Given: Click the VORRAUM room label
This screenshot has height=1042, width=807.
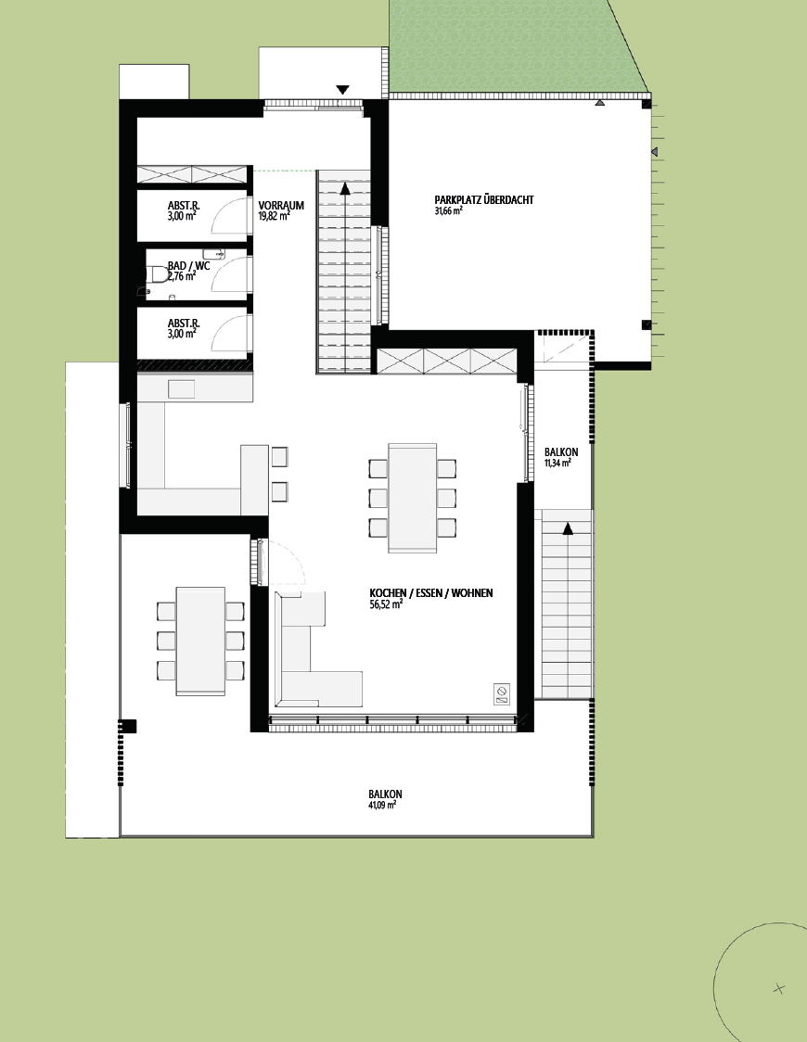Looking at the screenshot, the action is click(x=281, y=206).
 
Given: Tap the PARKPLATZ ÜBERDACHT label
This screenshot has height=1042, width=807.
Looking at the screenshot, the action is click(x=484, y=199).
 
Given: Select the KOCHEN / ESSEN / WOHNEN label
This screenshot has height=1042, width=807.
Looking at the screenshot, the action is click(x=430, y=592).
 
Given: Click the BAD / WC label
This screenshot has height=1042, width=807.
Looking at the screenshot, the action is click(x=189, y=266).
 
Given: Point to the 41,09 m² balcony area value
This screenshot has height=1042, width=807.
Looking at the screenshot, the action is click(x=382, y=805).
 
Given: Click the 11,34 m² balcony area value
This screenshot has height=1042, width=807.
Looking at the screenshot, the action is click(x=557, y=464).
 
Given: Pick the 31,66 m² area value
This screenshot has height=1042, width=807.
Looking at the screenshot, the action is click(x=449, y=210).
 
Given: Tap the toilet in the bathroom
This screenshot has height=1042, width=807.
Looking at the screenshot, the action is click(x=158, y=274).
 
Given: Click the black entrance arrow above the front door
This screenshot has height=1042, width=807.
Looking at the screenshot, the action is click(x=342, y=90).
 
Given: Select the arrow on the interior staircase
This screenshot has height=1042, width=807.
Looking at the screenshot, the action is click(x=345, y=188).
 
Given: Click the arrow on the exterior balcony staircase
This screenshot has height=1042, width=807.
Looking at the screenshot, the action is click(x=568, y=528).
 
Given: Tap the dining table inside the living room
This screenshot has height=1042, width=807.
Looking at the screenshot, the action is click(x=412, y=498).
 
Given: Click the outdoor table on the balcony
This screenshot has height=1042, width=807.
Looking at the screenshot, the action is click(x=200, y=642).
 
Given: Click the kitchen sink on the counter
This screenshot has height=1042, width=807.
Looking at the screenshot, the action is click(x=181, y=388).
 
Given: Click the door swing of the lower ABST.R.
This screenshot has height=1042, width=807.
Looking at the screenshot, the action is click(x=227, y=333).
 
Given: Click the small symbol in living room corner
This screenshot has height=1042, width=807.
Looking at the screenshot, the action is click(x=502, y=693).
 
